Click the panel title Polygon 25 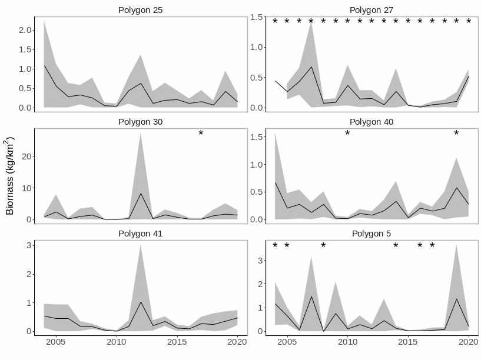pyautogui.click(x=140, y=10)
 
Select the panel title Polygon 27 pyautogui.click(x=371, y=10)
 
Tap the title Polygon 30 pyautogui.click(x=140, y=122)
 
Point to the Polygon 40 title pyautogui.click(x=371, y=122)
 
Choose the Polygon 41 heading pyautogui.click(x=140, y=234)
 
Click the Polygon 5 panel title pyautogui.click(x=371, y=234)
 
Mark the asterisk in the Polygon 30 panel pyautogui.click(x=201, y=134)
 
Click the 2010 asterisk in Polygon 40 pyautogui.click(x=347, y=134)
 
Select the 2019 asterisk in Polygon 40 pyautogui.click(x=456, y=134)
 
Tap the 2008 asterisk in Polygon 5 pyautogui.click(x=323, y=246)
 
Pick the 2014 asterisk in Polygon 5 pyautogui.click(x=396, y=246)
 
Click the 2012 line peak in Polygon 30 pyautogui.click(x=140, y=194)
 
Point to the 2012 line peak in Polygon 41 pyautogui.click(x=140, y=302)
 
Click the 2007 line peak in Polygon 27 pyautogui.click(x=311, y=67)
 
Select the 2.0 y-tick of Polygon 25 pyautogui.click(x=24, y=30)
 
